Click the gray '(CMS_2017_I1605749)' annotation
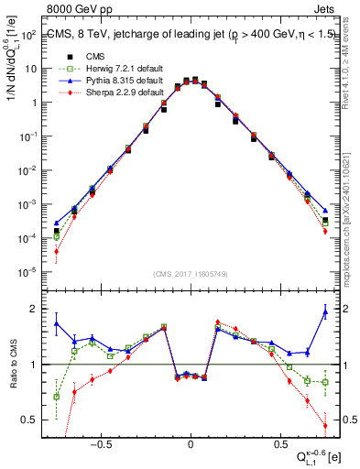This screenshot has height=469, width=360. pyautogui.click(x=190, y=275)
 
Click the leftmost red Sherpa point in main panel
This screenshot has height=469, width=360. pyautogui.click(x=57, y=251)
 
